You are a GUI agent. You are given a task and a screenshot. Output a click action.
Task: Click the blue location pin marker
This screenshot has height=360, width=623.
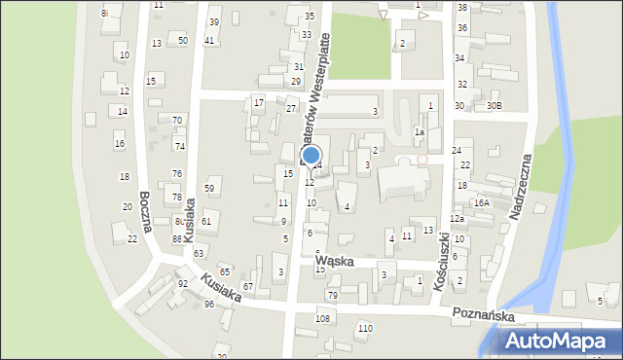[311, 156]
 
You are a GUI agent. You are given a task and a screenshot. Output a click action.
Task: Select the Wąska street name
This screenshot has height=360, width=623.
[334, 262]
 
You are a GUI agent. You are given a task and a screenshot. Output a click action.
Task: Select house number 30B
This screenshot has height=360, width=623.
[495, 105]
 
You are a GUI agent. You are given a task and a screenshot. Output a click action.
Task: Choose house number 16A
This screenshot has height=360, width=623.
[481, 202]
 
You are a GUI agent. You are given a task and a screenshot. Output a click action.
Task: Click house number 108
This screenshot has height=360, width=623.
[323, 318]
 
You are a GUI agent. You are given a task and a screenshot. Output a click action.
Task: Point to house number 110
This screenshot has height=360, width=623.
[364, 329]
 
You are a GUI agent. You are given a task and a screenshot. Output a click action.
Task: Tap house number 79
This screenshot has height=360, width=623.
[332, 295]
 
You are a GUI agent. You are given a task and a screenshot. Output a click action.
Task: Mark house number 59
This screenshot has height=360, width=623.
[209, 188]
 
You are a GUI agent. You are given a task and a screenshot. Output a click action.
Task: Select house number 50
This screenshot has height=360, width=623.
[183, 40]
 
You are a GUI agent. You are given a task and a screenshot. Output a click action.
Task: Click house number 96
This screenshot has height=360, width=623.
[209, 305]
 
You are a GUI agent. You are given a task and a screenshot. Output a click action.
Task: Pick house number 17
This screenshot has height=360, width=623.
[258, 102]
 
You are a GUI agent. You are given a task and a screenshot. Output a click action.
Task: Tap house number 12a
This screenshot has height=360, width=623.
[456, 219]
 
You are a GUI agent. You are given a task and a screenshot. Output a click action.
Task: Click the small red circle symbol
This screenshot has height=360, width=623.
[422, 159]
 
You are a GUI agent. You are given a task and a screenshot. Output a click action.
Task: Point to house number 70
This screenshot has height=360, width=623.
[177, 120]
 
